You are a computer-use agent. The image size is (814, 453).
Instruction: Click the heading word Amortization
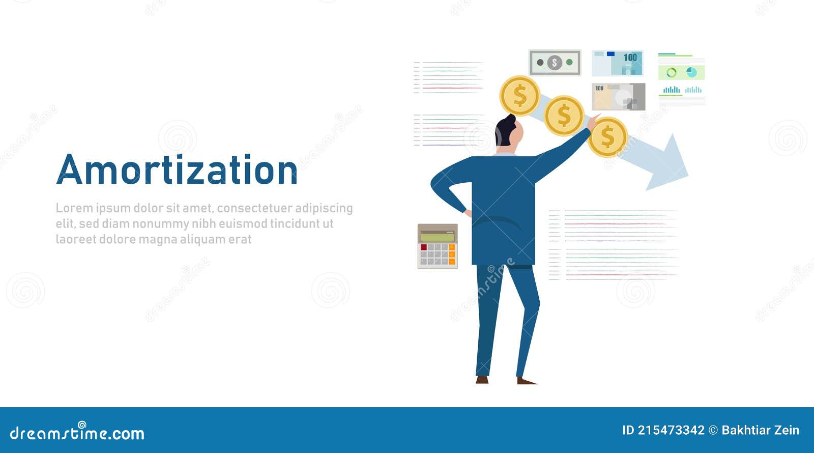point(177,170)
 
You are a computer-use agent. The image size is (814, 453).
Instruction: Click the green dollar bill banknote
point(555,63)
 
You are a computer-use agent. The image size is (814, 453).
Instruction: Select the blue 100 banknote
point(618,63)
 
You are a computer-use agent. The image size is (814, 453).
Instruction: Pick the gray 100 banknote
point(618,97)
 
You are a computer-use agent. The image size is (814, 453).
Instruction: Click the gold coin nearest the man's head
point(519,96)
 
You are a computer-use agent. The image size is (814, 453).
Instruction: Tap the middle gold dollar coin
point(564,116)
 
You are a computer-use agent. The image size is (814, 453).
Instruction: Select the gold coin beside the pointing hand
point(607,137)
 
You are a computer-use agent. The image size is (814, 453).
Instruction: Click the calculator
point(438,246)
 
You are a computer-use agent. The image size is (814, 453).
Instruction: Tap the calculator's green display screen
point(438,237)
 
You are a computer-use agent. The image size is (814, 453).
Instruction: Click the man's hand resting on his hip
point(468,213)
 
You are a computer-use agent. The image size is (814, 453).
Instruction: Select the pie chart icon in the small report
point(691,72)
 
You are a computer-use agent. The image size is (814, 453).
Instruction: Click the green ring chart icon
point(671,72)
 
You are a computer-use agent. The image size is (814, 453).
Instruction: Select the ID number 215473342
point(671,431)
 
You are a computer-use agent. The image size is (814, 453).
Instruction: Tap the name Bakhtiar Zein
point(761,431)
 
